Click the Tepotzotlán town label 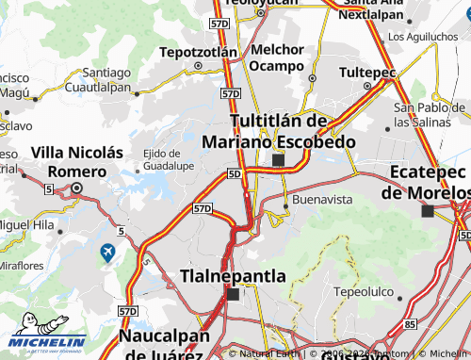click(197, 51)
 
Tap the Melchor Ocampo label click(278, 57)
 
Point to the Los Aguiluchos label click(424, 37)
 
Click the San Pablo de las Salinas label click(427, 115)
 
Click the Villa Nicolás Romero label click(77, 160)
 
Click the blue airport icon click(107, 253)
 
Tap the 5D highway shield click(235, 174)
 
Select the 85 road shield click(410, 323)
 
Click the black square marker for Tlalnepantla click(233, 294)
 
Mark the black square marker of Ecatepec click(428, 211)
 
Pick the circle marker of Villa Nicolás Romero click(77, 188)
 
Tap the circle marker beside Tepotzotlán click(198, 66)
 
